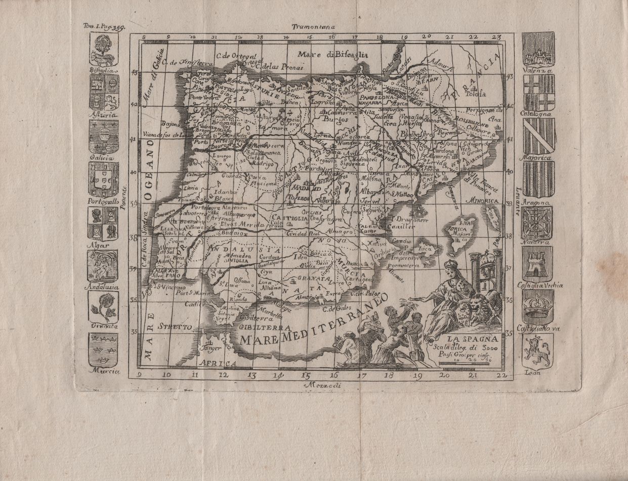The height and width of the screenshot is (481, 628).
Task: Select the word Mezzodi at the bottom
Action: (x=324, y=386)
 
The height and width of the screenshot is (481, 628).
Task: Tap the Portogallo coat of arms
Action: (x=103, y=179)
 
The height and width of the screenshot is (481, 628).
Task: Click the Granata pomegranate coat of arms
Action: (x=103, y=307)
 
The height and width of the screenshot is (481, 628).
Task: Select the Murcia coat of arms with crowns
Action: (x=103, y=349)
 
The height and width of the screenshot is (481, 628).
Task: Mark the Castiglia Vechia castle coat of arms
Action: (x=537, y=264)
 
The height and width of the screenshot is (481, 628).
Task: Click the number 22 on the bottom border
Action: (x=501, y=375)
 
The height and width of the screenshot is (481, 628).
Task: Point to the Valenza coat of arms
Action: (x=538, y=49)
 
